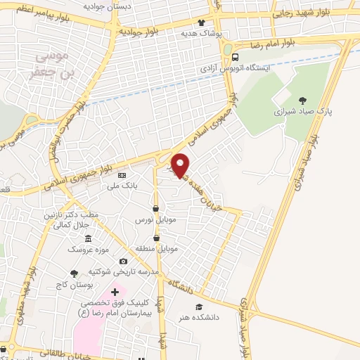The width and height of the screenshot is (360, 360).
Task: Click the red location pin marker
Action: click(x=181, y=165)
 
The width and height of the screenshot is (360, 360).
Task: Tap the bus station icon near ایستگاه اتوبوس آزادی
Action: click(x=236, y=58)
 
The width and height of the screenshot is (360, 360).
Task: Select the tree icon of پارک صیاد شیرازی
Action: click(x=303, y=100)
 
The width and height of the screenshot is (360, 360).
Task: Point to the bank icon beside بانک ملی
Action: click(x=122, y=175)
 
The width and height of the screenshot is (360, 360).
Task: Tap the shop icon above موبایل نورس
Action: click(x=157, y=209)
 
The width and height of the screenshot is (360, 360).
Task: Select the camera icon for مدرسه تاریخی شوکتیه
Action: click(x=124, y=262)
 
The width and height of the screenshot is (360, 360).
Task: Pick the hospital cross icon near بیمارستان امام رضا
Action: click(x=115, y=290)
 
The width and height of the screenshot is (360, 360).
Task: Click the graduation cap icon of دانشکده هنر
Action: click(x=200, y=307)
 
